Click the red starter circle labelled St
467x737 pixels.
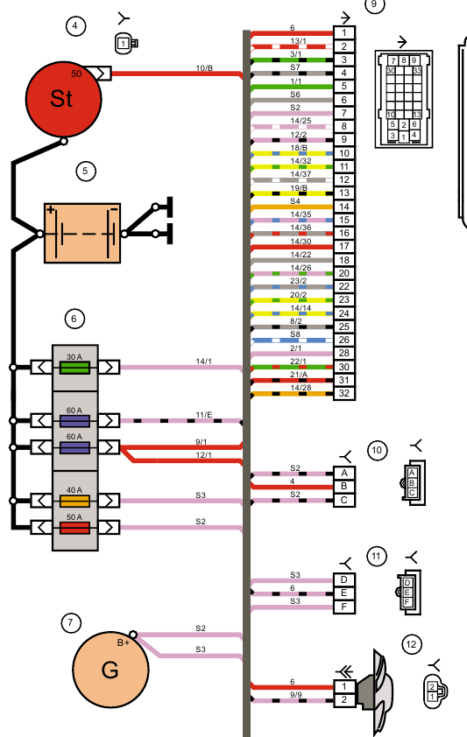[x=63, y=99]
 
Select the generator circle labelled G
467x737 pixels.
[x=110, y=670]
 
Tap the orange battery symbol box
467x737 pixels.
[x=82, y=233]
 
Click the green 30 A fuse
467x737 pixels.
[x=74, y=367]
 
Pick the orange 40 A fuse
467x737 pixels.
[x=74, y=501]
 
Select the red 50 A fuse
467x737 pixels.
[x=74, y=528]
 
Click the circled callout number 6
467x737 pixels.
[x=74, y=319]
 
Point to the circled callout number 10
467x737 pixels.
[x=377, y=451]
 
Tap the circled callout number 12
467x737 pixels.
[x=412, y=644]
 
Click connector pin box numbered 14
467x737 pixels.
[x=344, y=207]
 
